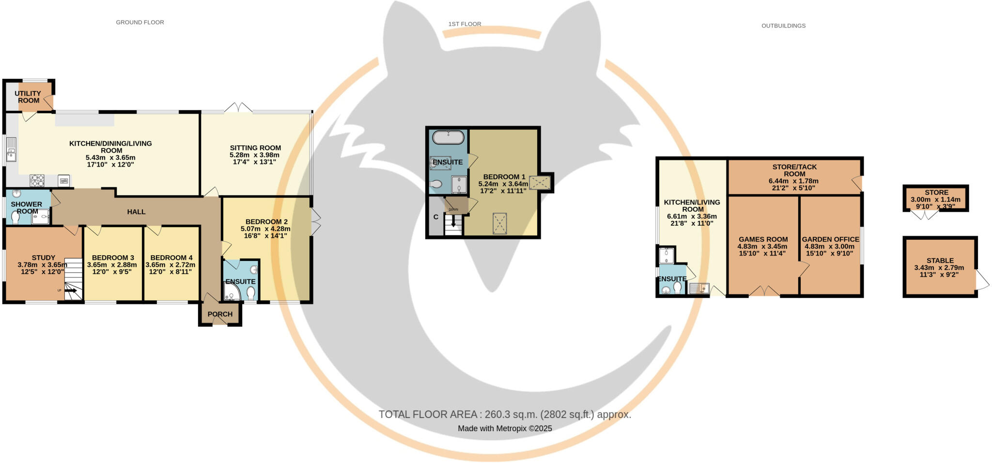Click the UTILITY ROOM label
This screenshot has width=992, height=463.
[x=28, y=97]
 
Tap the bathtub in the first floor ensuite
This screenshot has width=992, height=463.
[x=448, y=137]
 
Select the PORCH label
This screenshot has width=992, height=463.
[x=220, y=314]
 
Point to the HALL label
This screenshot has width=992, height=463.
[x=136, y=212]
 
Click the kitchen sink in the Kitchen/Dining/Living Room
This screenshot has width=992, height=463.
[x=11, y=150]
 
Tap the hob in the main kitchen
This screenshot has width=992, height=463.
[x=37, y=181]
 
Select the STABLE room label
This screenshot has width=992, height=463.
[x=940, y=261]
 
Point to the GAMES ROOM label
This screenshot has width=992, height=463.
[x=763, y=239]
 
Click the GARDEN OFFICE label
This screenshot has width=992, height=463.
[x=830, y=239]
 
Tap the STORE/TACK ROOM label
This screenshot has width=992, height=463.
[x=794, y=170]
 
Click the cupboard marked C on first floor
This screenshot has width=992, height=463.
[x=436, y=217]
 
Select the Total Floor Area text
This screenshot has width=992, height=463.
[x=504, y=415]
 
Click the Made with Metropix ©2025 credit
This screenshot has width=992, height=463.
[x=504, y=429]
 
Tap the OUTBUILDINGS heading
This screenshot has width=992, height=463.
[x=783, y=26]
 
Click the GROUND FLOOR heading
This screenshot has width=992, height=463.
[x=139, y=22]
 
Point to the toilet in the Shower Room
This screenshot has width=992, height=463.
[x=15, y=219]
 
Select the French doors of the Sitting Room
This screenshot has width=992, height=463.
[x=238, y=108]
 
